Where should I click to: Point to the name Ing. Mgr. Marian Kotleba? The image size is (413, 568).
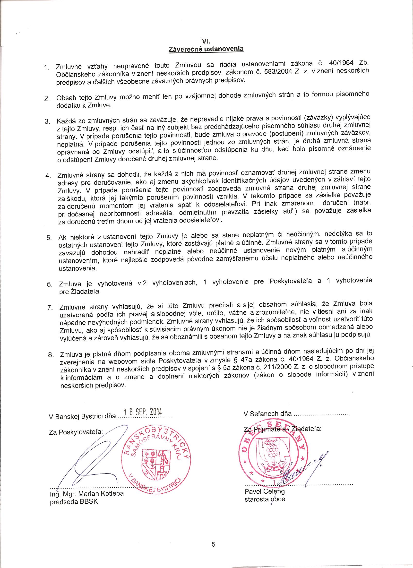click(x=87, y=494)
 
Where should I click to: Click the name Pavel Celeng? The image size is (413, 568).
click(x=265, y=491)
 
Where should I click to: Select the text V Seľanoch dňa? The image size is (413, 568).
click(x=267, y=413)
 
